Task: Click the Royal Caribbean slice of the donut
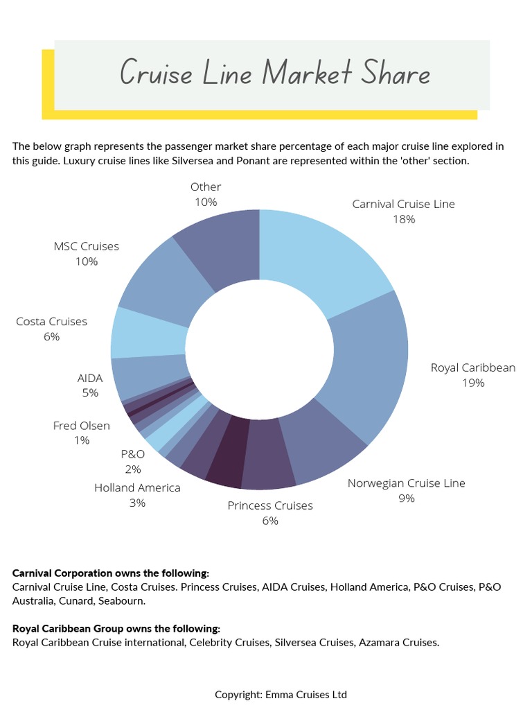tap(371, 367)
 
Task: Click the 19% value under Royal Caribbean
tap(473, 383)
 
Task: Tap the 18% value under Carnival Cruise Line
tap(403, 219)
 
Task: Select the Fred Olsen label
tap(81, 426)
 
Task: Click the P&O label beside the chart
tap(133, 454)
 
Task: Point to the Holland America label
tap(137, 487)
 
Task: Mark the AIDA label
tap(90, 378)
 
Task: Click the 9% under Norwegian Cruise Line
tap(406, 498)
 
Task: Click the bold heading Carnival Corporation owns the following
tap(110, 573)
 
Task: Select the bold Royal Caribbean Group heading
tap(116, 629)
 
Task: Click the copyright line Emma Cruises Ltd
tap(281, 694)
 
